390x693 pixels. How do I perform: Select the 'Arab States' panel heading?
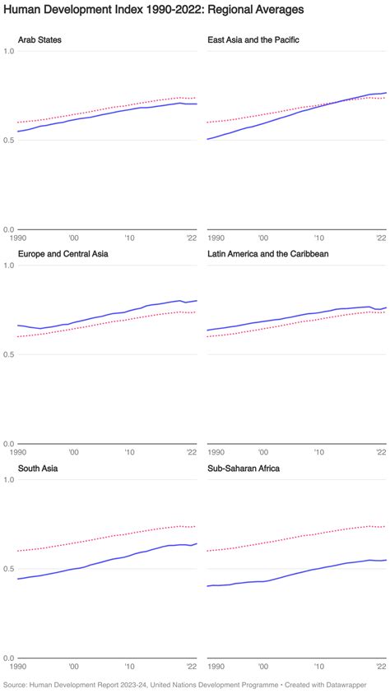click(x=39, y=39)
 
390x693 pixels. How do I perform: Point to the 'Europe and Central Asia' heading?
click(x=63, y=254)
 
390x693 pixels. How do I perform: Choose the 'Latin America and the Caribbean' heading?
click(x=268, y=254)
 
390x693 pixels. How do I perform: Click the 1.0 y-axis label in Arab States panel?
click(x=9, y=51)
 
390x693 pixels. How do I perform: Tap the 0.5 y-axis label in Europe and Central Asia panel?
click(x=9, y=354)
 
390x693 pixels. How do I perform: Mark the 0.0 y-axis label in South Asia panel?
click(x=9, y=658)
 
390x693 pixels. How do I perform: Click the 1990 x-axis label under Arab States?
click(x=18, y=238)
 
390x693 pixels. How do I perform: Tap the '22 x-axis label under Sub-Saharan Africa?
click(x=381, y=668)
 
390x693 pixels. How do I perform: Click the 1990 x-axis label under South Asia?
click(x=18, y=668)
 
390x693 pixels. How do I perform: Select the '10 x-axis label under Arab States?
click(x=129, y=238)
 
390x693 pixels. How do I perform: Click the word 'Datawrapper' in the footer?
click(x=361, y=684)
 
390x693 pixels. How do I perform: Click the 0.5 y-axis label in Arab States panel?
click(x=9, y=140)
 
